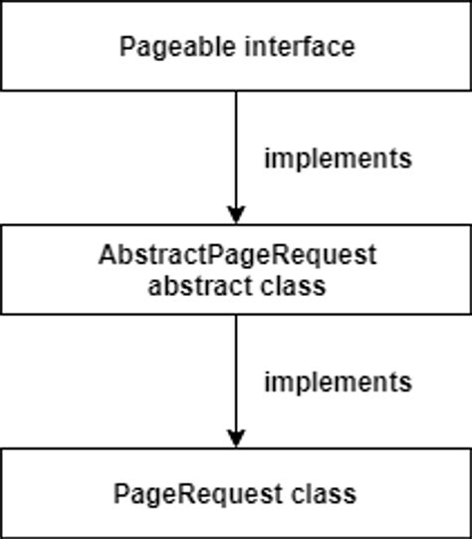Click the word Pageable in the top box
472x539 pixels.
coord(177,48)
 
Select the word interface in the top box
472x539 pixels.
coord(300,47)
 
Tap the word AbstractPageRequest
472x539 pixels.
coord(237,255)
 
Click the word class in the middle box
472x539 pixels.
coord(293,286)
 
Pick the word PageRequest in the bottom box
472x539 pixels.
coord(198,495)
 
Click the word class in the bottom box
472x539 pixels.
coord(324,493)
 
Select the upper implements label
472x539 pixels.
coord(338,158)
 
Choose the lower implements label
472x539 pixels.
coord(338,383)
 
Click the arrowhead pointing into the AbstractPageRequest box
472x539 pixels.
coord(236,214)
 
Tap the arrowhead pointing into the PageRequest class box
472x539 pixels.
coord(236,438)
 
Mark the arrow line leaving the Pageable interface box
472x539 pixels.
coord(236,157)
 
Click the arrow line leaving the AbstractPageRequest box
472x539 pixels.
coord(236,381)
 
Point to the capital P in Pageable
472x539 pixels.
coord(126,47)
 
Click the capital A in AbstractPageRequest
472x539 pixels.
coord(108,255)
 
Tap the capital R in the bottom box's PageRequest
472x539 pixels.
coord(187,494)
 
